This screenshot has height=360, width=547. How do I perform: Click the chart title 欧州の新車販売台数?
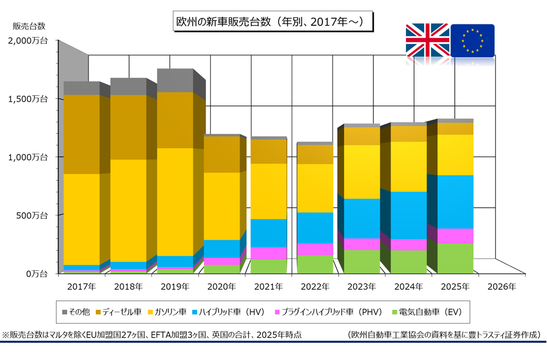(x=270, y=22)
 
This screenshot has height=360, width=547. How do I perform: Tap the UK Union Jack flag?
(x=427, y=39)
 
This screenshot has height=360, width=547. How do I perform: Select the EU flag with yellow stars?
(x=472, y=39)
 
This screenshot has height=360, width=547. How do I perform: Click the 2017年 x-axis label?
(x=81, y=287)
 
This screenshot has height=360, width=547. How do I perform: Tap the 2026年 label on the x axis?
(x=501, y=287)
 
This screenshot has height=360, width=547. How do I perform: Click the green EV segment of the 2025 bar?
(x=455, y=258)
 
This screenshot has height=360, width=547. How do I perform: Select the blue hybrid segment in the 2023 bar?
(x=362, y=218)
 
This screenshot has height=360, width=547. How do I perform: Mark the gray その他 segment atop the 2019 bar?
(x=175, y=80)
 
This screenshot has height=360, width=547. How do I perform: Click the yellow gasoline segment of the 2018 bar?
(x=128, y=210)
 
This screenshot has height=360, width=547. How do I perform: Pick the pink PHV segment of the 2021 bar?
(x=268, y=253)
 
